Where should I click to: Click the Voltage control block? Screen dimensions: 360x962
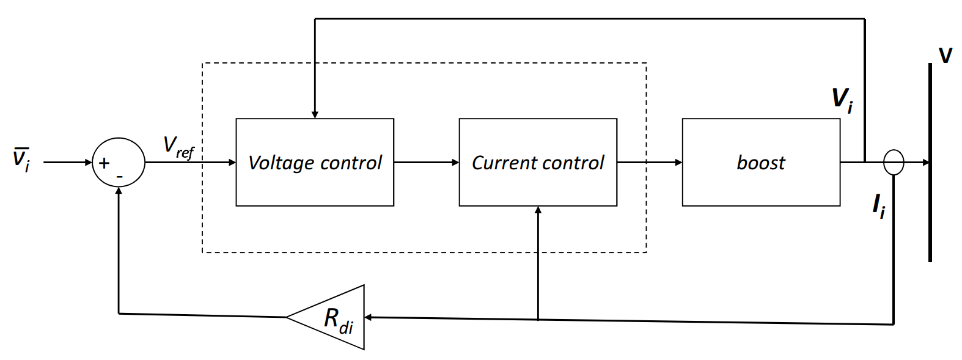315,162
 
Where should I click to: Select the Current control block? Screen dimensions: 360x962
538,162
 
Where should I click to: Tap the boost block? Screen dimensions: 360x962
761,162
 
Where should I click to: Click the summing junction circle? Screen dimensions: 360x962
119,162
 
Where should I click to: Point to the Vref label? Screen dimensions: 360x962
178,147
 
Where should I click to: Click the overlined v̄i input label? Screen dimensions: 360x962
21,160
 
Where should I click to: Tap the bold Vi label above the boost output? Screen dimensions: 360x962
842,99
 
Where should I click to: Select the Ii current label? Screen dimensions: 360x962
878,206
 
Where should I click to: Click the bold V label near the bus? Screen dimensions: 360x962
945,56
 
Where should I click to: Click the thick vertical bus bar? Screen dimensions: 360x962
930,162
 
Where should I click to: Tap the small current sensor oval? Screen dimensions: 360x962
894,162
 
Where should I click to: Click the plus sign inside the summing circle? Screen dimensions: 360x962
105,163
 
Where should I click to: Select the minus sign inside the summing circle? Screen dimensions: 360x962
120,177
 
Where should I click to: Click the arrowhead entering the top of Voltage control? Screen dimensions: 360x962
315,114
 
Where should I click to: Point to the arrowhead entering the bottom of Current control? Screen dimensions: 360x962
538,210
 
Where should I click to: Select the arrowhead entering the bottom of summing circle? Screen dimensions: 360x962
119,191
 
